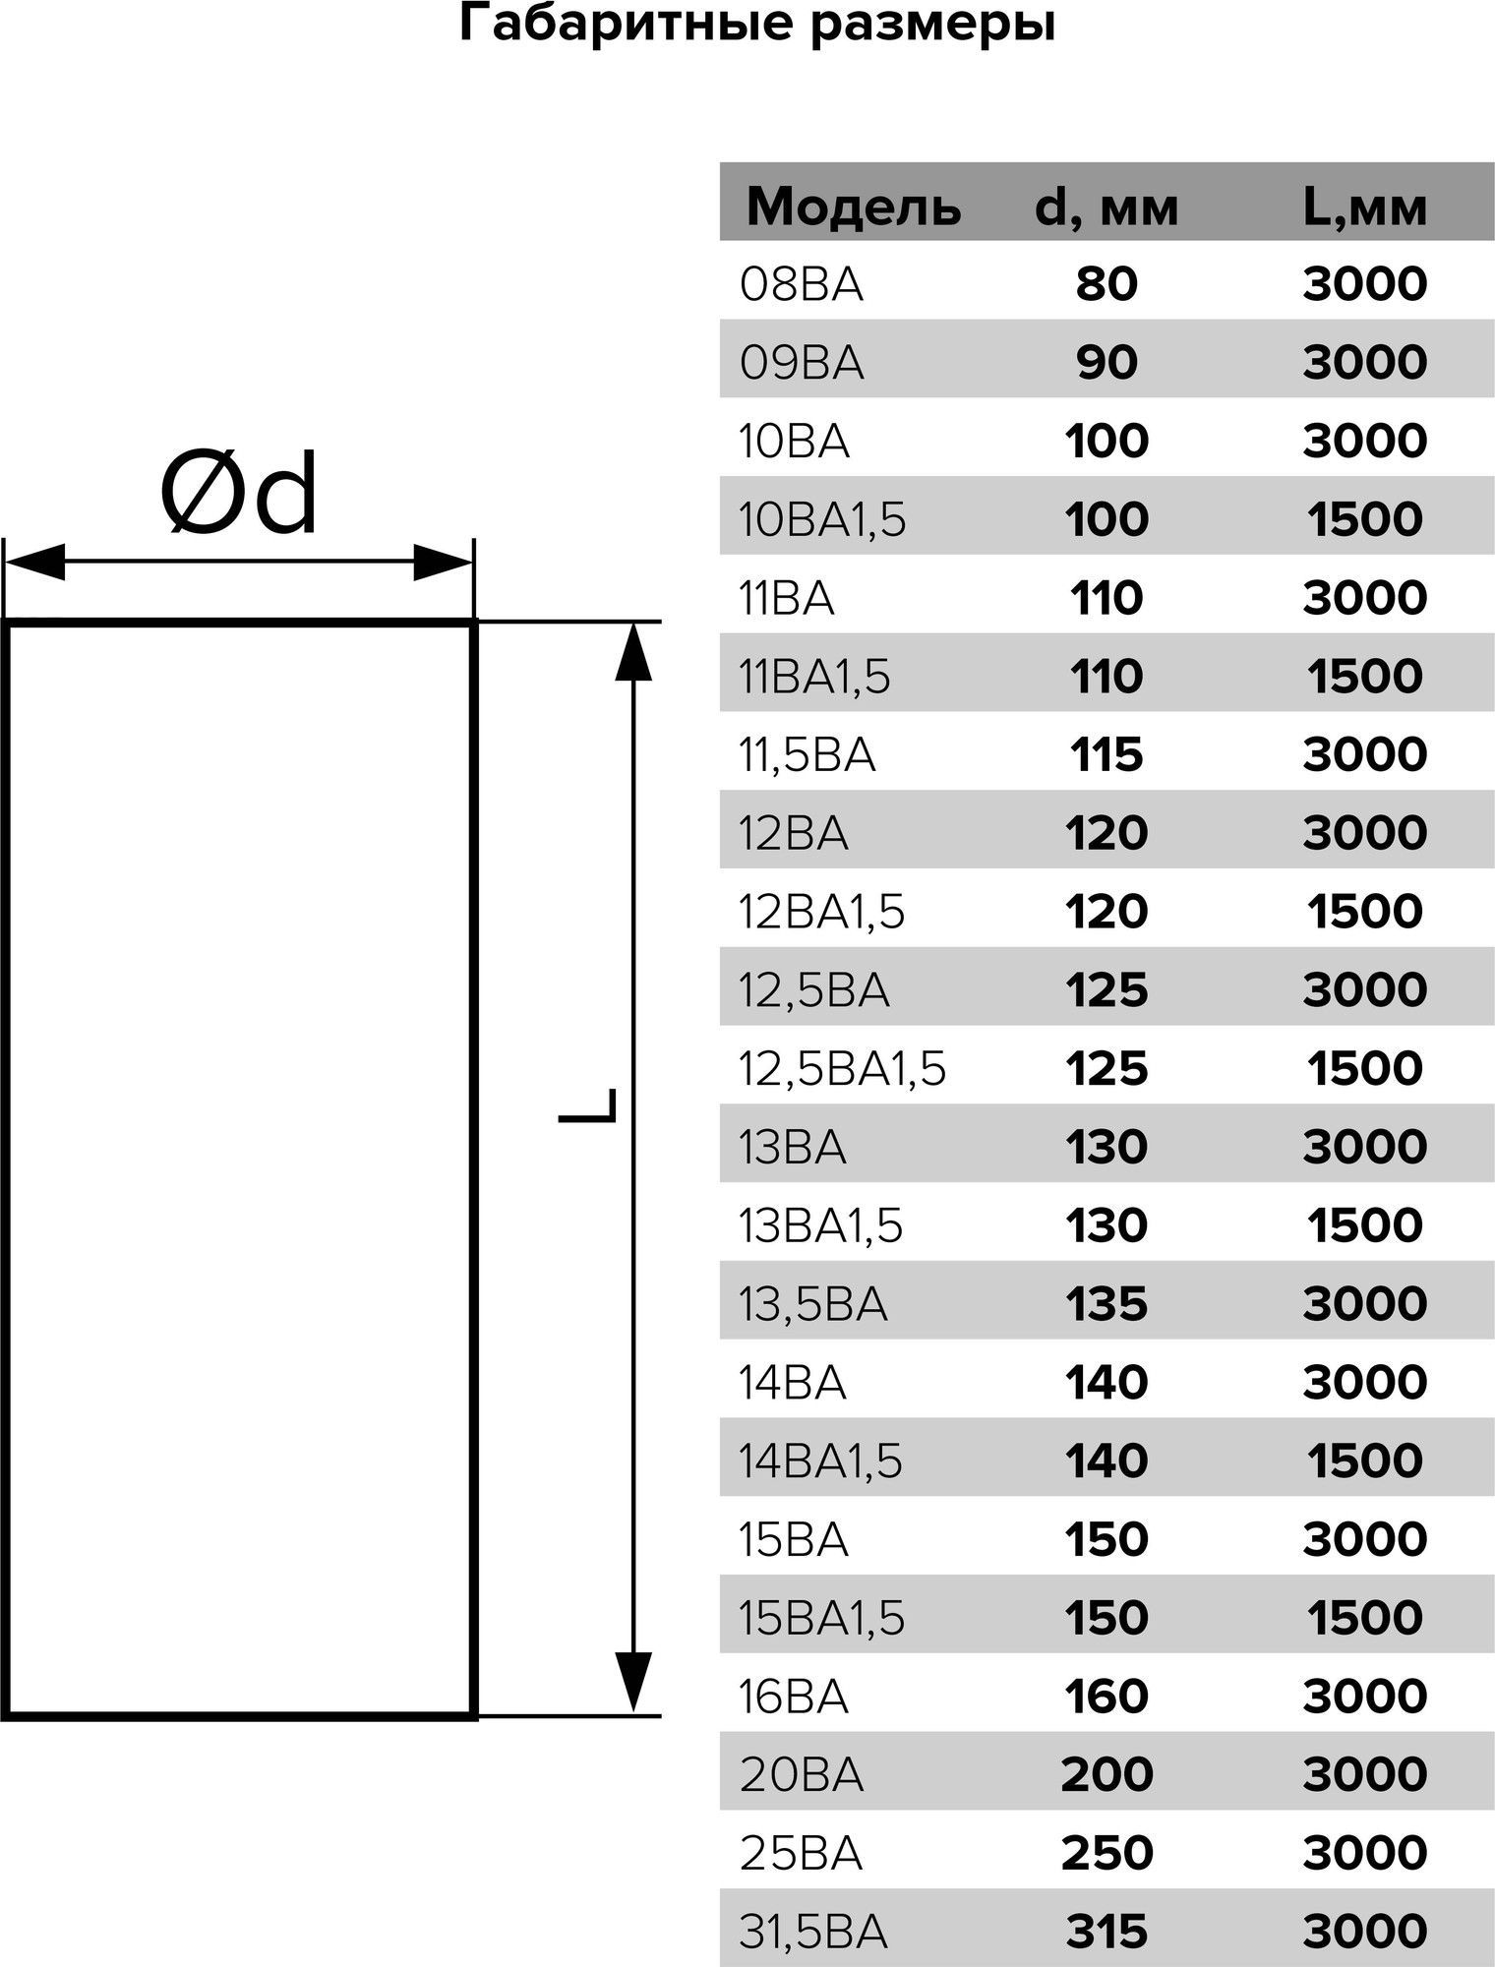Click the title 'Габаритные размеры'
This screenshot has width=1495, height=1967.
coord(756,24)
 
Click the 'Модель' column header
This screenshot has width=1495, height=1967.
coord(853,207)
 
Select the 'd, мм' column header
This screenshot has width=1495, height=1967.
coord(1106,207)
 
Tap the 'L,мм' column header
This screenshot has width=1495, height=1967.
coord(1364,207)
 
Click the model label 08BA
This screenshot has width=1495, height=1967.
coord(801,284)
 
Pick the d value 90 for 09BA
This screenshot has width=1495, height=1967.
coord(1106,362)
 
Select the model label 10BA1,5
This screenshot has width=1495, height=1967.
coord(821,519)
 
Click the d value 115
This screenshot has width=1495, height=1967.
coord(1106,754)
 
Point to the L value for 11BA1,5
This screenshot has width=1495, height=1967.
coord(1364,676)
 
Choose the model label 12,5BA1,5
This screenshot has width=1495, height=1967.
coord(842,1068)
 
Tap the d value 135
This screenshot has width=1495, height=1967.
coord(1106,1303)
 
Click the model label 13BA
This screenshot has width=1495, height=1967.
coord(792,1147)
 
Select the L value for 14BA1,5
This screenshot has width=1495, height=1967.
coord(1364,1460)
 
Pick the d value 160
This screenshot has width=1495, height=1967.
coord(1106,1696)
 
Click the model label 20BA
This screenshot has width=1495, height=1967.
coord(801,1774)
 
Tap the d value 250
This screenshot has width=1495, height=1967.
coord(1106,1853)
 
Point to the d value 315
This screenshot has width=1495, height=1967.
coord(1106,1932)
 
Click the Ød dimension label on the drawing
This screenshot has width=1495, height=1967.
coord(239,494)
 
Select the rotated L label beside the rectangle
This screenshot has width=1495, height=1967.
coord(587,1104)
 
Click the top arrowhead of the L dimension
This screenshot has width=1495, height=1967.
coord(633,651)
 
